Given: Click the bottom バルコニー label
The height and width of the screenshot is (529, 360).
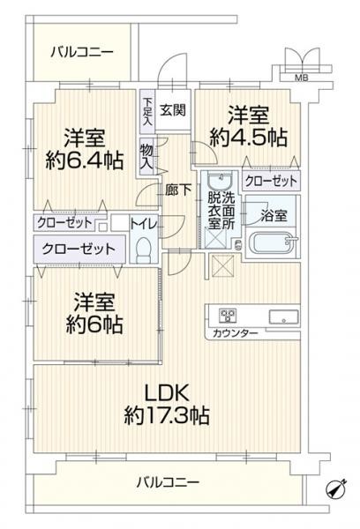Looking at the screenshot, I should click(x=169, y=483).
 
